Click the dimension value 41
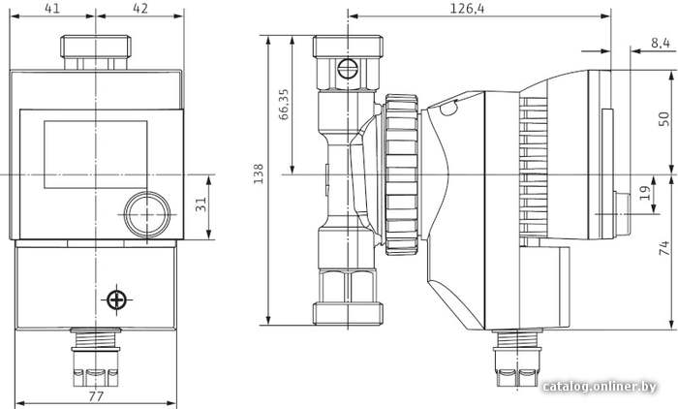(52, 8)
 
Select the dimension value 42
(140, 8)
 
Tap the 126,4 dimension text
(468, 8)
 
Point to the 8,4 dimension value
(660, 43)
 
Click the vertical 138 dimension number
(259, 173)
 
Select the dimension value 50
(663, 119)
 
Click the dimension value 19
(645, 193)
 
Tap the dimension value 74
(663, 248)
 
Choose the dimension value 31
(200, 204)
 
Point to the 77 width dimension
(96, 396)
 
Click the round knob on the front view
(147, 214)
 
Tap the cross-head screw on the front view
(117, 299)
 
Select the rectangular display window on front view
(96, 154)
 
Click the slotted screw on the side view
(348, 69)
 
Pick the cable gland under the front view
(96, 357)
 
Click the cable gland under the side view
(516, 358)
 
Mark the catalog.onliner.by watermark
(600, 386)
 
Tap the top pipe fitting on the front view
(96, 52)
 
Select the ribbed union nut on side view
(402, 174)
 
